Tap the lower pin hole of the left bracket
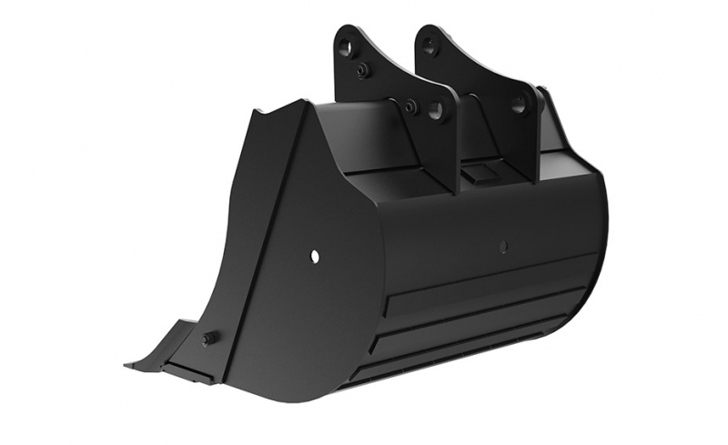coord(436,112)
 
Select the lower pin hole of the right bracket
coord(518,106)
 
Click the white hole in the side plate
coord(315,257)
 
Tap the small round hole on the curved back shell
coord(503,246)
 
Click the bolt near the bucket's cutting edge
coord(209,338)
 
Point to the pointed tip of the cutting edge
coord(128,366)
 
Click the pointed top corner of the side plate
coord(258,113)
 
